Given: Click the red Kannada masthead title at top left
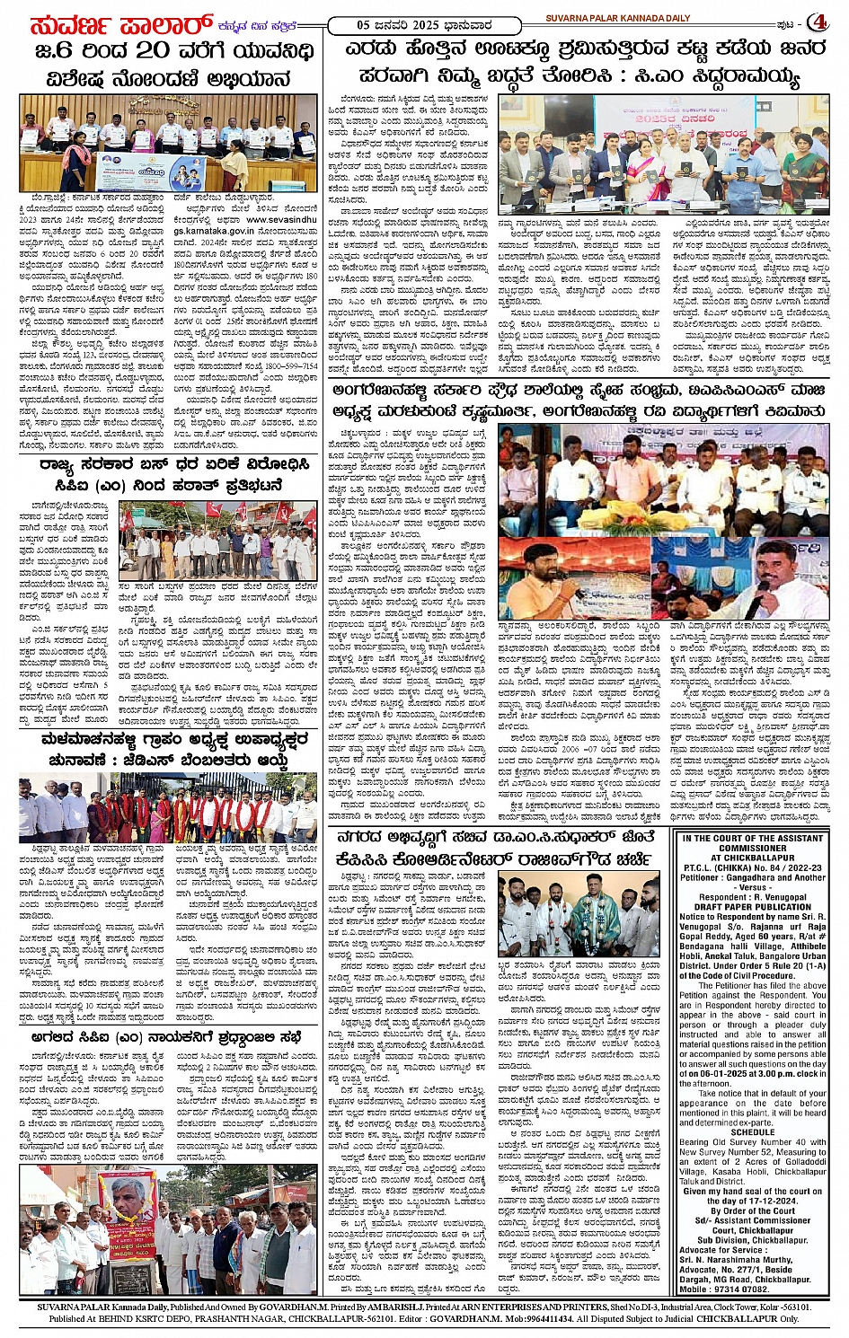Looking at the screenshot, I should point(108,22).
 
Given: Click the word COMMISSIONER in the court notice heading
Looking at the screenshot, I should point(751,848).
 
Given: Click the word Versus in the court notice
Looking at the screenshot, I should point(753,886).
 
